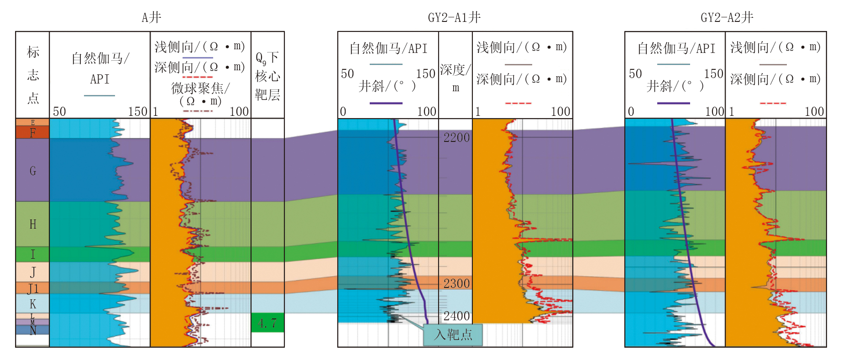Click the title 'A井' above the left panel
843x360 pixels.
point(151,17)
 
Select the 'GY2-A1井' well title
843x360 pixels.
point(454,17)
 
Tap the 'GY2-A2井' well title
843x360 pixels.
point(727,17)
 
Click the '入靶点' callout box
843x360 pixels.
point(453,335)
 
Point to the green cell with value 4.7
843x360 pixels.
point(267,323)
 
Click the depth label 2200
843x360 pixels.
point(456,137)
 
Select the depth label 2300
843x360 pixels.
point(456,283)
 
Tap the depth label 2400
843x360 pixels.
point(456,316)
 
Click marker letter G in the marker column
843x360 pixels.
point(33,171)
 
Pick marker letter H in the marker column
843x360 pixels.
point(33,224)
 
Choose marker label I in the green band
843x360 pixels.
point(33,254)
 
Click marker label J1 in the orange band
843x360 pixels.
point(33,288)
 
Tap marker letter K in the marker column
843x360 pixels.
point(33,304)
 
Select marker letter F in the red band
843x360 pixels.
point(33,133)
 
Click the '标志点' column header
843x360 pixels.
point(33,75)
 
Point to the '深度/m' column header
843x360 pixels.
point(456,78)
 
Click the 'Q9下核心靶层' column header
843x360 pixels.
point(267,76)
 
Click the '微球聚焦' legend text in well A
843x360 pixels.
point(200,88)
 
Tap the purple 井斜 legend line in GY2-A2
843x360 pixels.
point(673,103)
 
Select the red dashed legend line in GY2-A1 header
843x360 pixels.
point(518,103)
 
